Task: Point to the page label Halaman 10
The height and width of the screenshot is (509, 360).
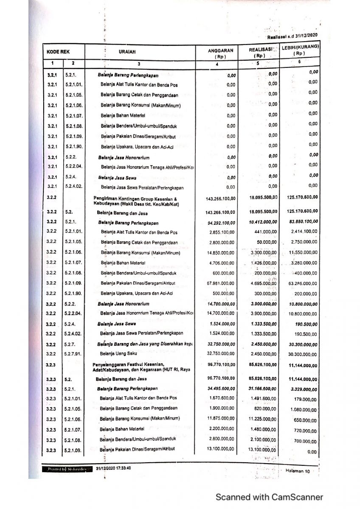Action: [298, 470]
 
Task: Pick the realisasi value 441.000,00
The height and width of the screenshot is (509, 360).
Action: [266, 232]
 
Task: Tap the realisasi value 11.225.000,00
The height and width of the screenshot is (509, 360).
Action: [263, 419]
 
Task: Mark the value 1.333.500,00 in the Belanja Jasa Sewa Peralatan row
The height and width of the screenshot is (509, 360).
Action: [264, 333]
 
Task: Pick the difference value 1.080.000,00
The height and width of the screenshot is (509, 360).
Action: [303, 410]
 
